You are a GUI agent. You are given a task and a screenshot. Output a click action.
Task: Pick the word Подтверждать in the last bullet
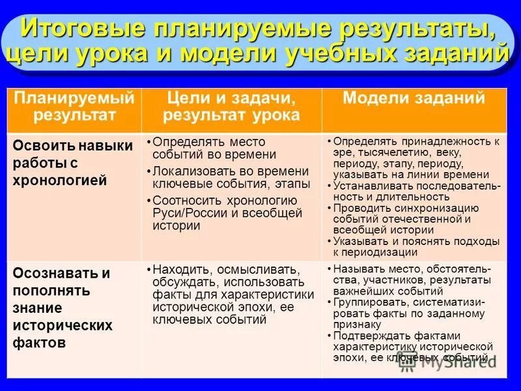pos(367,336)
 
